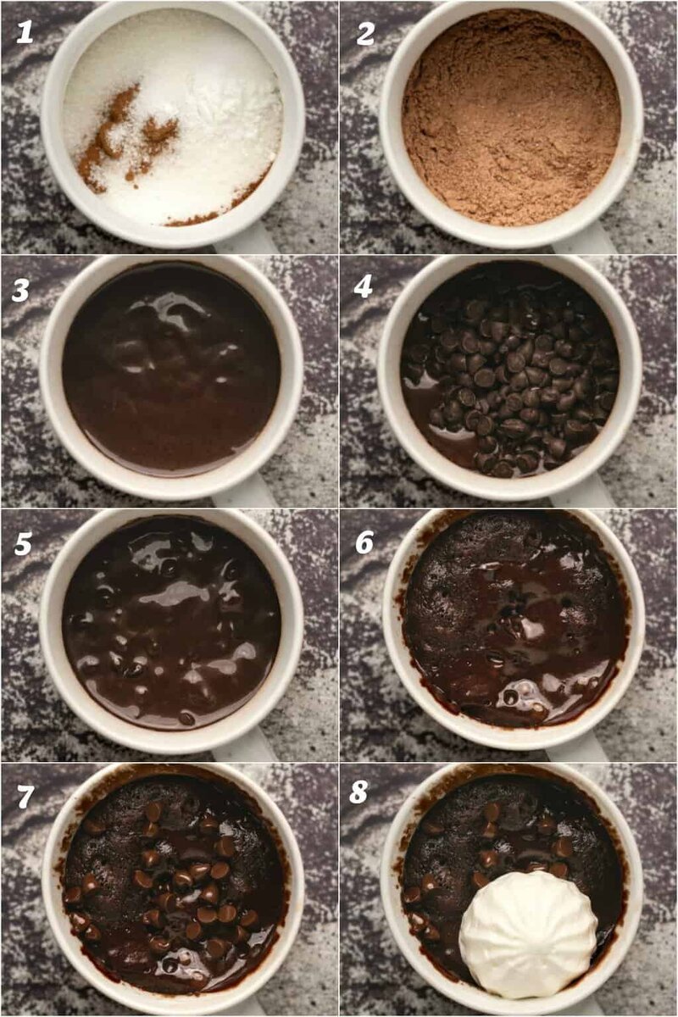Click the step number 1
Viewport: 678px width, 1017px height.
tap(25, 32)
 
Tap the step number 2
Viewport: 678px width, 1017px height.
tap(366, 32)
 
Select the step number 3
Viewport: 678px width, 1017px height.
tap(21, 290)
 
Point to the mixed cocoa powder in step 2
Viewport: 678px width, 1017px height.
tap(511, 123)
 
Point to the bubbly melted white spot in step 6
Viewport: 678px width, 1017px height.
tap(521, 694)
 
